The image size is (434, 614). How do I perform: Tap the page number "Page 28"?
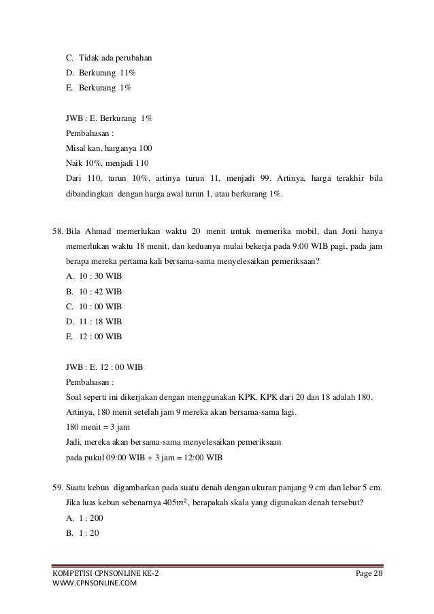click(370, 577)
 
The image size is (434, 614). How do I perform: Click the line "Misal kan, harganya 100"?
click(108, 148)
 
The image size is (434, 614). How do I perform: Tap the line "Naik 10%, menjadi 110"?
click(106, 163)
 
